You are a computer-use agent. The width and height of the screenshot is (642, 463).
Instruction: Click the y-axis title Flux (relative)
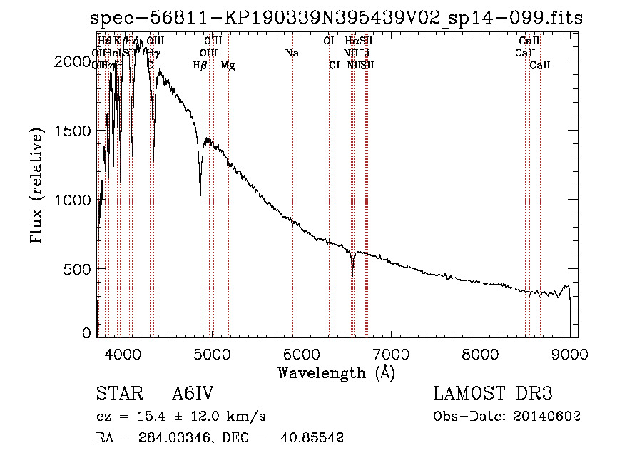[36, 186]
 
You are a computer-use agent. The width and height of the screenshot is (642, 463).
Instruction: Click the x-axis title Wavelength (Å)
[336, 372]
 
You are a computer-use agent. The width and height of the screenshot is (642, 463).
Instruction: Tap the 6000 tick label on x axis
[302, 353]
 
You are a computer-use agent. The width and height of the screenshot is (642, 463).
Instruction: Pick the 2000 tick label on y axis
[73, 62]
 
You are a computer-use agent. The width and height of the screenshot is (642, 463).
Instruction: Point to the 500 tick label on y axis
[79, 269]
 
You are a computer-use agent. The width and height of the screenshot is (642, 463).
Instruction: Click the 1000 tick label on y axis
[73, 200]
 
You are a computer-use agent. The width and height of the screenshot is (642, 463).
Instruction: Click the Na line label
[291, 53]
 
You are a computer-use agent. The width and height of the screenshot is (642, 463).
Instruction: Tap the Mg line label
[228, 66]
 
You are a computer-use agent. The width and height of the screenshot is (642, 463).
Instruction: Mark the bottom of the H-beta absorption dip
[200, 195]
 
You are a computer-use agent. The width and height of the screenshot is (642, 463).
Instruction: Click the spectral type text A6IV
[194, 394]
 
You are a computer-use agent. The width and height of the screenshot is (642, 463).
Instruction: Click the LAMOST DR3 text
[492, 394]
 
